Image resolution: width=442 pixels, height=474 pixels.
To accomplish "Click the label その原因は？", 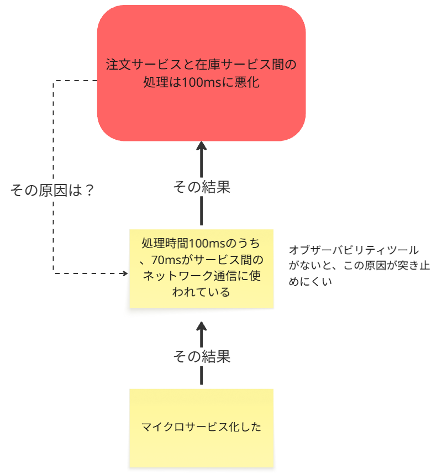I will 52,191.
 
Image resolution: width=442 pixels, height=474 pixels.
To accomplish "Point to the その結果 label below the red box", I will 201,187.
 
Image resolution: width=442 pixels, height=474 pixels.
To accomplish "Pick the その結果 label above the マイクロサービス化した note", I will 201,356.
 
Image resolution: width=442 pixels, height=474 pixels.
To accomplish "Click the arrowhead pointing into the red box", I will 201,147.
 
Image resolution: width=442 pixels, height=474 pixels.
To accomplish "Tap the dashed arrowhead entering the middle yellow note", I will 124,273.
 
